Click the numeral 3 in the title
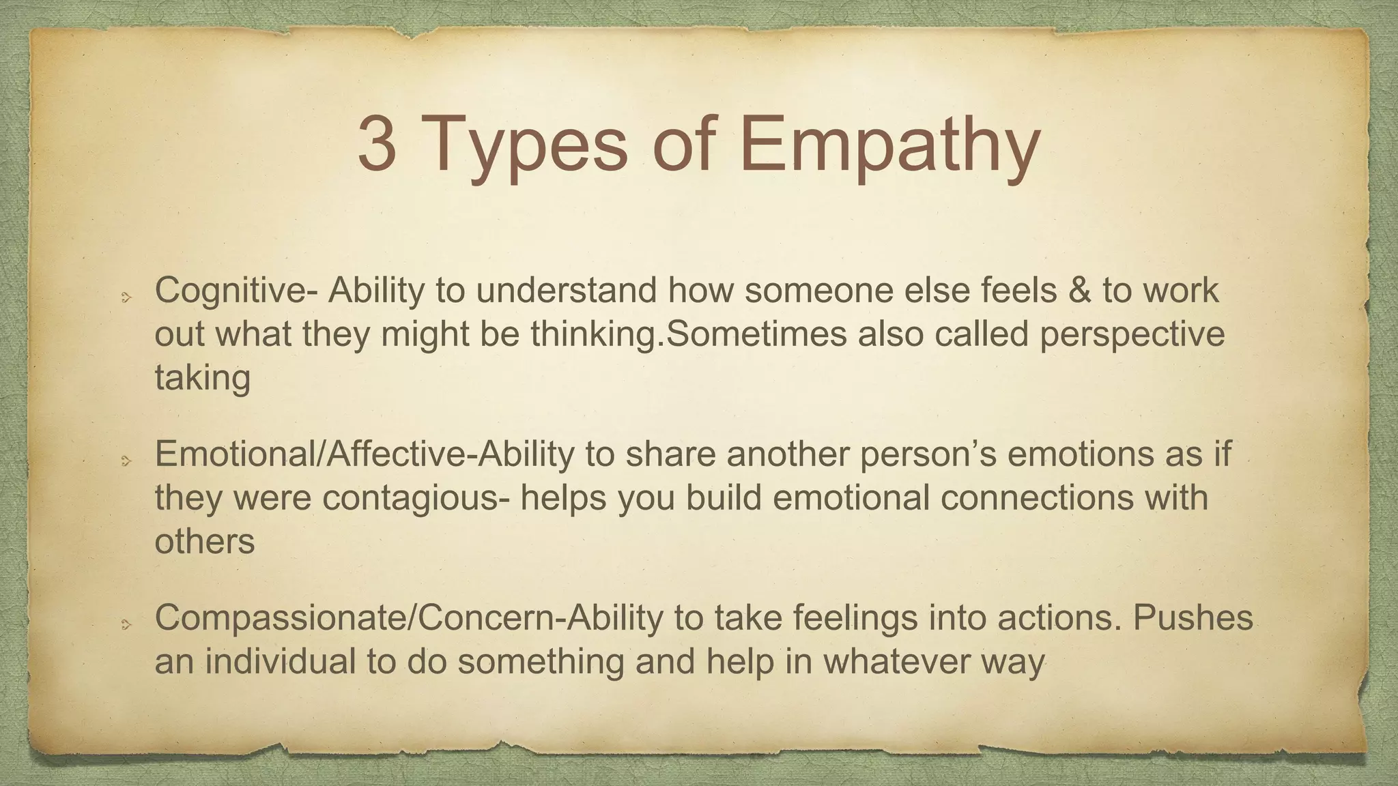point(377,145)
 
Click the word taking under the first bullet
point(203,378)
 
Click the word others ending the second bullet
point(205,542)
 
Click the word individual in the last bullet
point(281,662)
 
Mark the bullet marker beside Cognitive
point(126,297)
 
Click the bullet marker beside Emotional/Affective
point(126,461)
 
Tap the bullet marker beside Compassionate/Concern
point(126,625)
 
